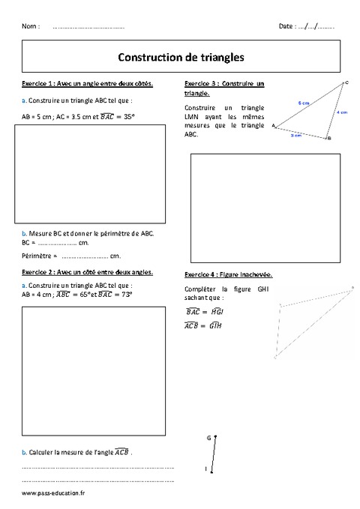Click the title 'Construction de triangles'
click(180, 55)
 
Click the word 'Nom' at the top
click(31, 26)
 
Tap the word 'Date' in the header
click(286, 26)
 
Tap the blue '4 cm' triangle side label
click(341, 112)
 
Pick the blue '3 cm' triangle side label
click(296, 136)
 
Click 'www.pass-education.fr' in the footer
click(54, 493)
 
